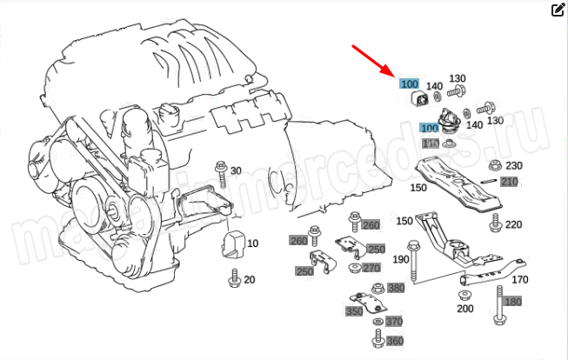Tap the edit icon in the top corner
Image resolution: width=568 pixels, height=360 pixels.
[558, 10]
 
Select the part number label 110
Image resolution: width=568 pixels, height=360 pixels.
[431, 143]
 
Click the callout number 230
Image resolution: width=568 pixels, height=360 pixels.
[513, 166]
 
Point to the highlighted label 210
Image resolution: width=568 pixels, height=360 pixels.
[509, 182]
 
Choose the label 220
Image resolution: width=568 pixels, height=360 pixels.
[513, 224]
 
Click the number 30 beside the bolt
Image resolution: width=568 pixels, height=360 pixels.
[236, 170]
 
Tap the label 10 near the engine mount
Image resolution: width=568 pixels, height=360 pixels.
[252, 243]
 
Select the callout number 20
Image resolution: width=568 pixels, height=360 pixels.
[249, 279]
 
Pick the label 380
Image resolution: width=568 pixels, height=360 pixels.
[396, 288]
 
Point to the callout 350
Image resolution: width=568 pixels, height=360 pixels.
[354, 311]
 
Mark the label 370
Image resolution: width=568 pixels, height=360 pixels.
[394, 322]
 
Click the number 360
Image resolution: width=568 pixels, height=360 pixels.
[394, 341]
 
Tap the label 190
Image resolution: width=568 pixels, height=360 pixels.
[400, 260]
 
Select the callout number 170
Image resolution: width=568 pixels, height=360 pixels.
[519, 279]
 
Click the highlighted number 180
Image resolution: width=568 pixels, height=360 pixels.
[513, 302]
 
